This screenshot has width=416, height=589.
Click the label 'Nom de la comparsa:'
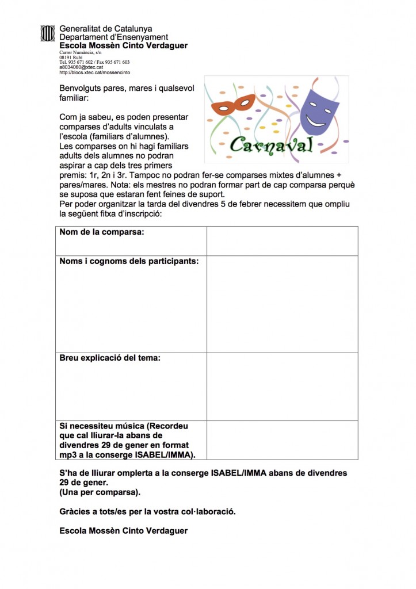[102, 232]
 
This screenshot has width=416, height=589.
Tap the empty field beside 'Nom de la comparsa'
[282, 240]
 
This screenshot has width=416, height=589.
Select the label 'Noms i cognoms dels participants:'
[129, 261]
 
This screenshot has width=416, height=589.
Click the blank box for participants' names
[282, 304]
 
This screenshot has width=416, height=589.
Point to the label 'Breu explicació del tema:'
[110, 357]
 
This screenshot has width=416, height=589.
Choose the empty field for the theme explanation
[282, 386]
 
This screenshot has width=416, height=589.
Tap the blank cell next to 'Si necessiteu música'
[282, 440]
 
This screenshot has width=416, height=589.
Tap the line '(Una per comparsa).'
[100, 492]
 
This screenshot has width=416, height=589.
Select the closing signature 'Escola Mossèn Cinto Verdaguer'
[123, 531]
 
